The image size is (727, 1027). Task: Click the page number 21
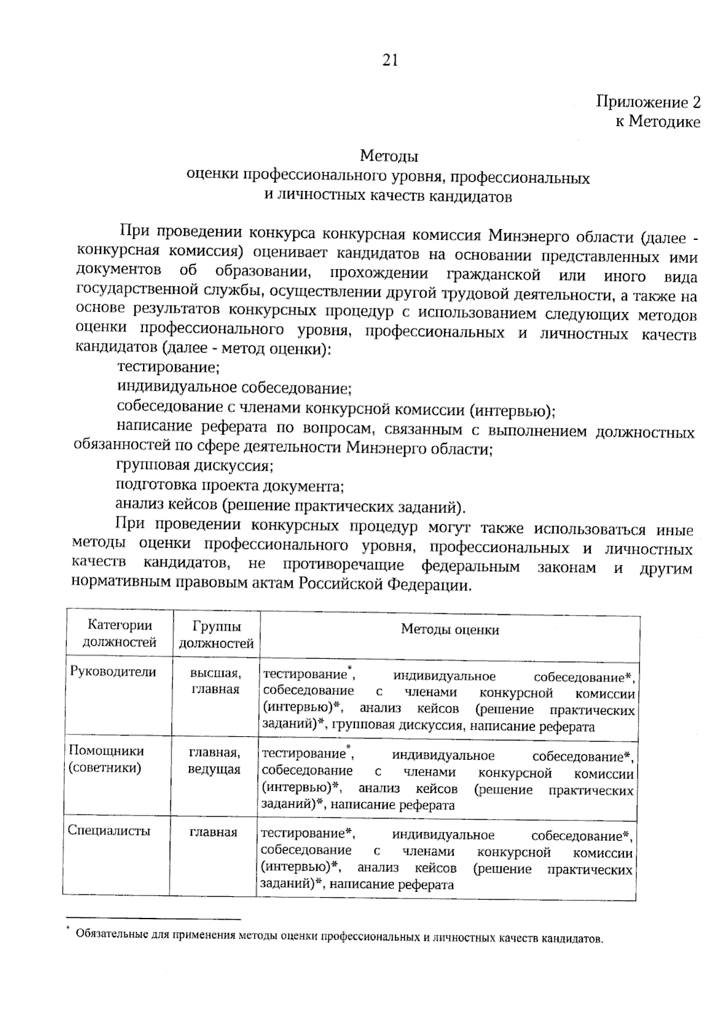(389, 60)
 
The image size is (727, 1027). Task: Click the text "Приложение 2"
(648, 102)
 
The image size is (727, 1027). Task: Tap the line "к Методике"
(657, 122)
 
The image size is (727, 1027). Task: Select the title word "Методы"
(389, 156)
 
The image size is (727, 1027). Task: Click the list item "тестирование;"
(168, 367)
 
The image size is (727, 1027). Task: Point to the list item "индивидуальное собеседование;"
(234, 387)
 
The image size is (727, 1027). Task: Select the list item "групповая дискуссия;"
(194, 466)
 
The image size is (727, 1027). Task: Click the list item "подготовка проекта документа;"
(230, 486)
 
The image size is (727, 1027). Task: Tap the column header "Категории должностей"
(119, 634)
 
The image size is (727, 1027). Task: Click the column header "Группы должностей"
(216, 635)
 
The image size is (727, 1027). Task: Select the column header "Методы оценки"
(450, 630)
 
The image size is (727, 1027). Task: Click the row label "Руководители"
(113, 672)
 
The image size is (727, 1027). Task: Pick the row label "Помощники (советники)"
(105, 759)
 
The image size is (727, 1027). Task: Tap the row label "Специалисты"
(109, 831)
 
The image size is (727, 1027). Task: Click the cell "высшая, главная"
(215, 681)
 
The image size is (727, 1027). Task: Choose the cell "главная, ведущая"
(214, 761)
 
